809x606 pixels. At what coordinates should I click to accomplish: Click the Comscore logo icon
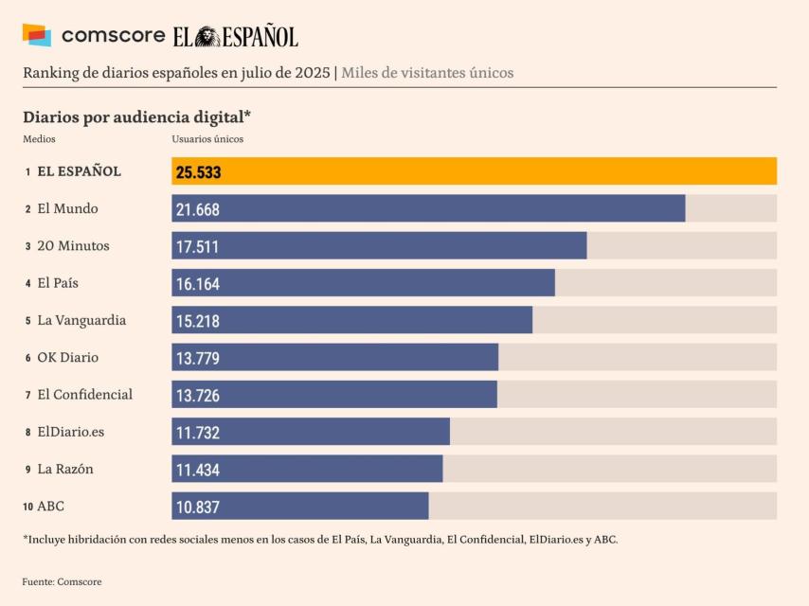(36, 35)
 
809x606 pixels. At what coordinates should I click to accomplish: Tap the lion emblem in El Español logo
(208, 36)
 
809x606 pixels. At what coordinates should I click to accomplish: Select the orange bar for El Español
(474, 171)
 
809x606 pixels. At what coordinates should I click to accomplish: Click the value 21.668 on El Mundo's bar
(197, 209)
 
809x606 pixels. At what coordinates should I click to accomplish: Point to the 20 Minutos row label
(73, 246)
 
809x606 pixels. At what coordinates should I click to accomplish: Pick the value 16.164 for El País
(197, 284)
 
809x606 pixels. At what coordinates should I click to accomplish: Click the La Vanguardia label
(81, 321)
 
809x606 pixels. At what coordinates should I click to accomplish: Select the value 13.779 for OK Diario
(197, 358)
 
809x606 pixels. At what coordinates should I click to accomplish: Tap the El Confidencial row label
(84, 395)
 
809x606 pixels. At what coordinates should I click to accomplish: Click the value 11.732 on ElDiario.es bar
(197, 433)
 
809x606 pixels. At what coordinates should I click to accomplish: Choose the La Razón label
(65, 470)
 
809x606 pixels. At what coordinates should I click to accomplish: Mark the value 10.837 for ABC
(197, 508)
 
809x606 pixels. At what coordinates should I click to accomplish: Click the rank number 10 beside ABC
(28, 508)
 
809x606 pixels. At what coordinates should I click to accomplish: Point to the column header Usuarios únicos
(207, 139)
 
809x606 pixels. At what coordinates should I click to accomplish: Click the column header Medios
(39, 139)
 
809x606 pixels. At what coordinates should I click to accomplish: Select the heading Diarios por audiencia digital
(136, 116)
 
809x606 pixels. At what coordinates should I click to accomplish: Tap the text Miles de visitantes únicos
(427, 73)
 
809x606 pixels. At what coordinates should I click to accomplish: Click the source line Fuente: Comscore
(62, 581)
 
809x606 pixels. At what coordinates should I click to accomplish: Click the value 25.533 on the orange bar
(198, 172)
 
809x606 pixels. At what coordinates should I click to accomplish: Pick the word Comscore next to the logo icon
(113, 36)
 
